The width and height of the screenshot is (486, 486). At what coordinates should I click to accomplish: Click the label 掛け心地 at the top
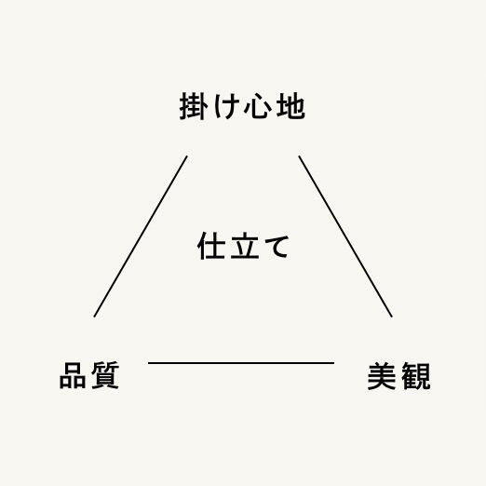point(242,106)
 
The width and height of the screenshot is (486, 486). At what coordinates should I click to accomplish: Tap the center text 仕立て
point(243,246)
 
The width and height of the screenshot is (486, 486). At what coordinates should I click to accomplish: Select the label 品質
point(89,375)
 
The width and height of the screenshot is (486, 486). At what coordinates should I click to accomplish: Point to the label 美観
point(398,376)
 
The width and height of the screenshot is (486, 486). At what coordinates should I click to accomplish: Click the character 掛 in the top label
point(193,106)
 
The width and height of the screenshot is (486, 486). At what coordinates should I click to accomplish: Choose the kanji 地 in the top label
point(290,106)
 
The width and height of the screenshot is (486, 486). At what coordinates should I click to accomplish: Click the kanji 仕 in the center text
point(211,246)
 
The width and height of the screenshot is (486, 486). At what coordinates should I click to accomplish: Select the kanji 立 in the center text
point(245,246)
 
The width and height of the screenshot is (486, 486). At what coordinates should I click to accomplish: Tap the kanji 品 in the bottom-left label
point(73,375)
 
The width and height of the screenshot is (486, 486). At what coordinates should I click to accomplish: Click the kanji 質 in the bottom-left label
point(105,375)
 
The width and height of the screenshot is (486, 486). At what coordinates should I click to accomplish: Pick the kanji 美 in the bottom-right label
point(382,376)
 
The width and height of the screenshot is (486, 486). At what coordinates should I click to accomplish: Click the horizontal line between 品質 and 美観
point(241,362)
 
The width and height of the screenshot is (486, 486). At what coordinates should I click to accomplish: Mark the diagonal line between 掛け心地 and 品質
point(141,236)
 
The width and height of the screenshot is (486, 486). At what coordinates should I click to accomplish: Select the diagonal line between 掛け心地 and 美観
point(345,236)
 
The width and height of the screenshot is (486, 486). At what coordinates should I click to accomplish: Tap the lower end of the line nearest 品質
point(94,317)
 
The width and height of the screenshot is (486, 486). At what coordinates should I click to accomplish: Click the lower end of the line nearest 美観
point(392,317)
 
